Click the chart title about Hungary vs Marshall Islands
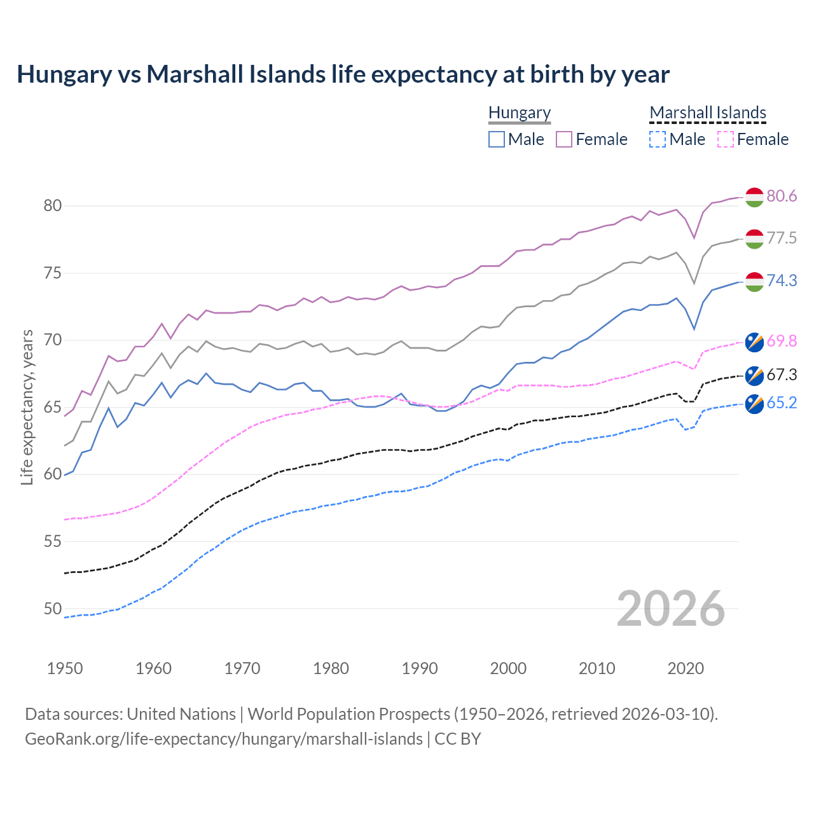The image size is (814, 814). point(343,74)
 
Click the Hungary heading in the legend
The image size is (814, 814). point(519,113)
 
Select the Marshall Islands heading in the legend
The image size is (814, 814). point(707,113)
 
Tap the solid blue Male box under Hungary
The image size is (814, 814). point(497,139)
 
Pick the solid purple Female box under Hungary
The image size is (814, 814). point(564,139)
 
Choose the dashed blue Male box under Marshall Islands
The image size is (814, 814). point(658,139)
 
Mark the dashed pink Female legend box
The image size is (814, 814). point(726,139)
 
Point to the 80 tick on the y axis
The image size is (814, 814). point(53,205)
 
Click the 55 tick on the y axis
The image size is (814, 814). point(53,541)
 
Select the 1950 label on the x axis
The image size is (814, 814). point(65,668)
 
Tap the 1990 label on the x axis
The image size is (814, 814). point(420,668)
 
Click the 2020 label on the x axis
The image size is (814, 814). point(686,668)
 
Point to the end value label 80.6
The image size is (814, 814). point(782,197)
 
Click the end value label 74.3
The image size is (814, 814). point(782,280)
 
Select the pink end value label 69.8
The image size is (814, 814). point(782,341)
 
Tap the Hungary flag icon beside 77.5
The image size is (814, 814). point(754,238)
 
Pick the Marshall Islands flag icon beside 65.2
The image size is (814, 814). point(754,404)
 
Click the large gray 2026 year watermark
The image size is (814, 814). point(671,609)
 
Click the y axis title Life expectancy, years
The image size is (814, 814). point(27,407)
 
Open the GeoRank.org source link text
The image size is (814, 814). point(223,739)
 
